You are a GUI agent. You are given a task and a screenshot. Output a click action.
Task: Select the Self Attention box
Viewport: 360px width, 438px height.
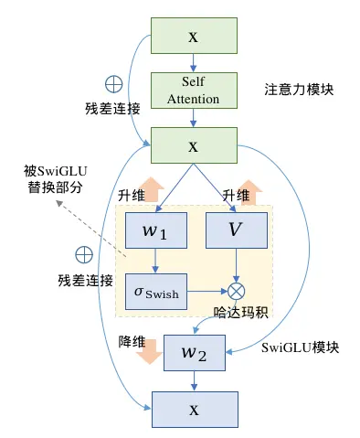pyautogui.click(x=192, y=90)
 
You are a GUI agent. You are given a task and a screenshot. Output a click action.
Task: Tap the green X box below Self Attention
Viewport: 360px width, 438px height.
pyautogui.click(x=192, y=145)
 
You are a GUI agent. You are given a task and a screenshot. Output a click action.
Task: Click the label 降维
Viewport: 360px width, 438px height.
pyautogui.click(x=133, y=341)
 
